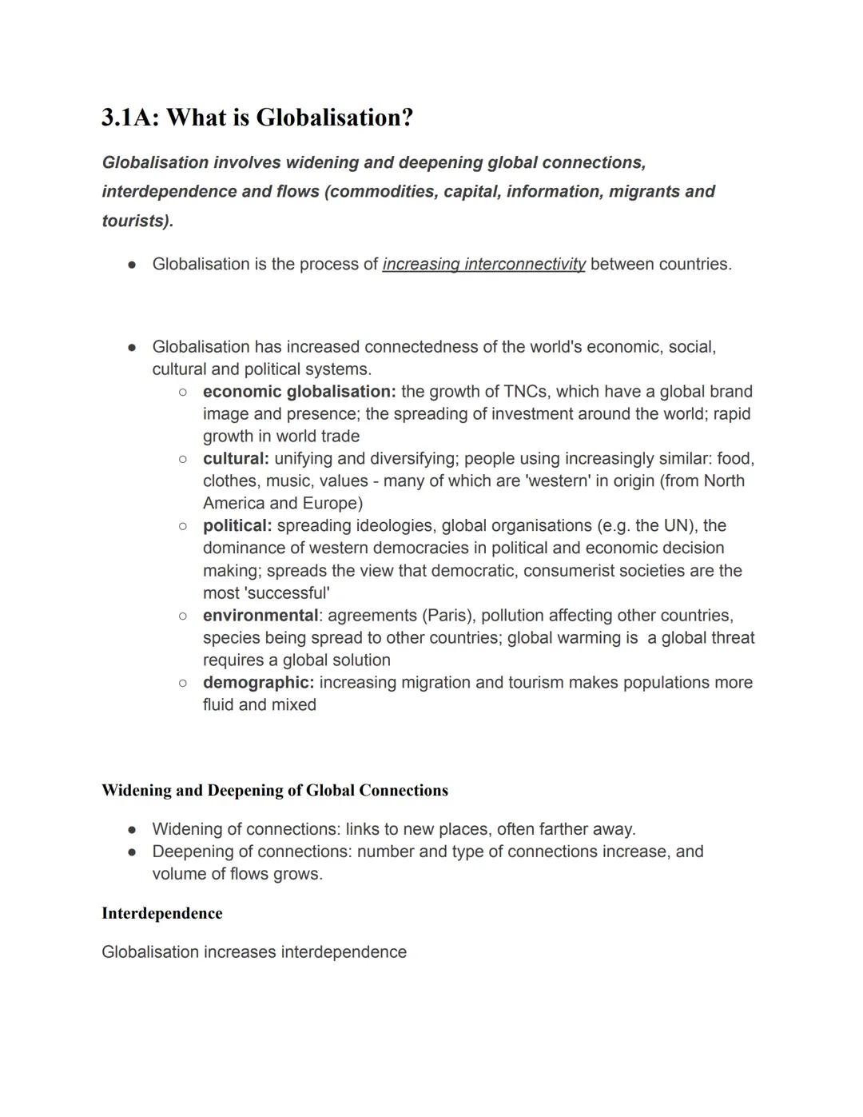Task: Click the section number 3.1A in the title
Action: (x=129, y=118)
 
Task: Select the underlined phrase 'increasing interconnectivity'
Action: (x=483, y=264)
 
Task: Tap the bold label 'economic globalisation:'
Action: (x=299, y=392)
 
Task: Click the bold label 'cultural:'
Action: (x=236, y=459)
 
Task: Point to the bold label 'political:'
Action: (x=237, y=526)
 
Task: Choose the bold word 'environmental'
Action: (x=260, y=616)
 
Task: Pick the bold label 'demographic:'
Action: (x=258, y=683)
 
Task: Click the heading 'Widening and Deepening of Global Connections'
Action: (x=275, y=791)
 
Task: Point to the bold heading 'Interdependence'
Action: (x=162, y=914)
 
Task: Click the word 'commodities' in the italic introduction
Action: (x=379, y=192)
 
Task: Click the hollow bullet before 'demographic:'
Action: (x=183, y=683)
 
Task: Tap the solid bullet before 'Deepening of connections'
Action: (x=133, y=852)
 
